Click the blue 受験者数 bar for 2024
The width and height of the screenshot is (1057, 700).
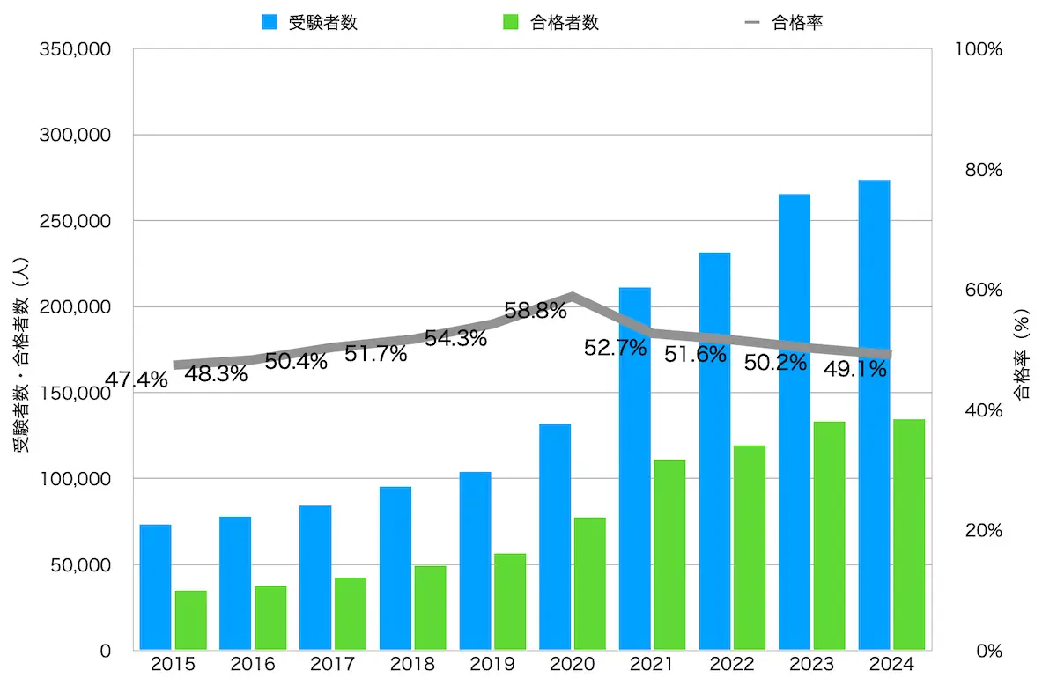(x=874, y=415)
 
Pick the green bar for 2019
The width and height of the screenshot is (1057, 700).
(x=510, y=601)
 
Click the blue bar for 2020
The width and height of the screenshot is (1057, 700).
(x=555, y=537)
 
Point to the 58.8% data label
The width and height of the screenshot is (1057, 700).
(x=535, y=311)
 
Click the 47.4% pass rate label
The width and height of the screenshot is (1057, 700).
(x=136, y=380)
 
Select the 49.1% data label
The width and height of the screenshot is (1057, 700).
(x=854, y=370)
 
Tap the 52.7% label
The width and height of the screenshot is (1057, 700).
(x=615, y=348)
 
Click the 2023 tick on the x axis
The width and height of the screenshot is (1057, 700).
(x=811, y=665)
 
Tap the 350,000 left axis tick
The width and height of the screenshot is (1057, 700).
(x=74, y=50)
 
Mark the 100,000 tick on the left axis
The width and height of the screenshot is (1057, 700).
(x=74, y=479)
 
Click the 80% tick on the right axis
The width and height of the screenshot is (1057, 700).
(x=979, y=170)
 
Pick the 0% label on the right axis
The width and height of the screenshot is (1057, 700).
(x=984, y=651)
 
